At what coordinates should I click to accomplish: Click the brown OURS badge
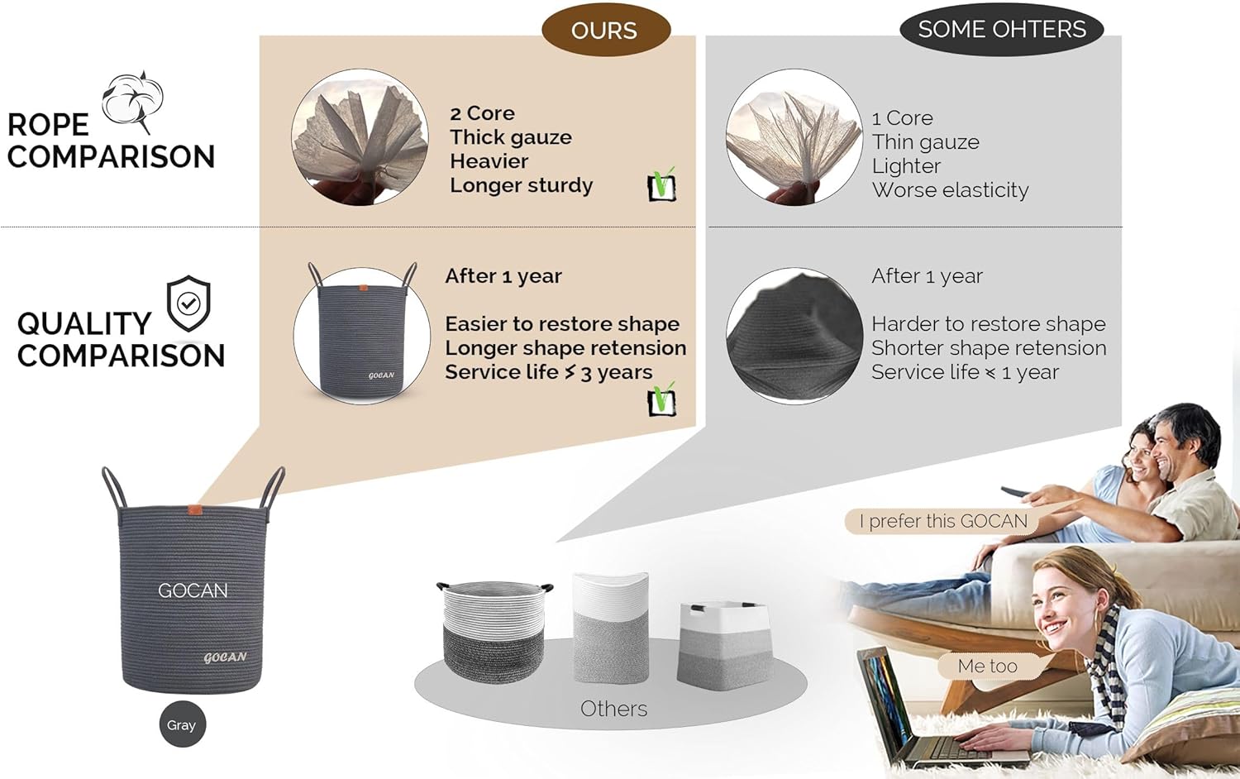point(604,31)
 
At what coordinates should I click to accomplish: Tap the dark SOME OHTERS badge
point(1001,30)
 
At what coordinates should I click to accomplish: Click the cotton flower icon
point(133,100)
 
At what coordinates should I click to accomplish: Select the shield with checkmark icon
point(188,303)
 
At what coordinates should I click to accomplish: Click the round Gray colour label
point(182,724)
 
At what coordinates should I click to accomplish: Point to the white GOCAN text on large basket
point(193,590)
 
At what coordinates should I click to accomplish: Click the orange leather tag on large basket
point(195,509)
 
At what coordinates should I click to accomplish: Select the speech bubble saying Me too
point(988,666)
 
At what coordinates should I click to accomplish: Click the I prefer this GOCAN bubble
point(943,521)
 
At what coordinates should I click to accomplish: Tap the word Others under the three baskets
point(613,709)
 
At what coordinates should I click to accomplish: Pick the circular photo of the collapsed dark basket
point(794,336)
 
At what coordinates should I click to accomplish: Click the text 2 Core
point(482,113)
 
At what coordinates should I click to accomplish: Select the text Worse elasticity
point(950,190)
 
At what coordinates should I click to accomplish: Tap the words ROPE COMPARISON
point(111,141)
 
